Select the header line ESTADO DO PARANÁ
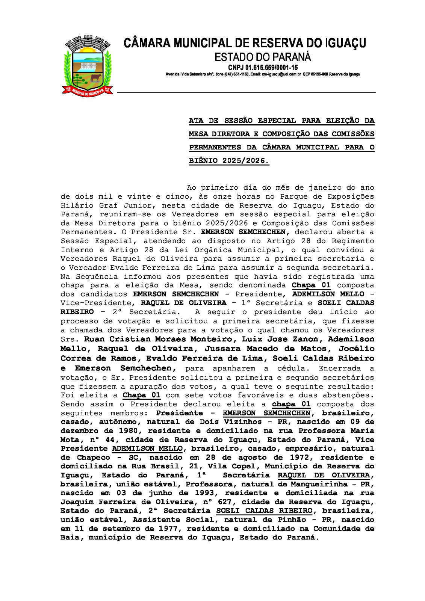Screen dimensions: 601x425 click(x=263, y=57)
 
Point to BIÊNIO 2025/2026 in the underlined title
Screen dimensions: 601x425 click(x=228, y=161)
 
